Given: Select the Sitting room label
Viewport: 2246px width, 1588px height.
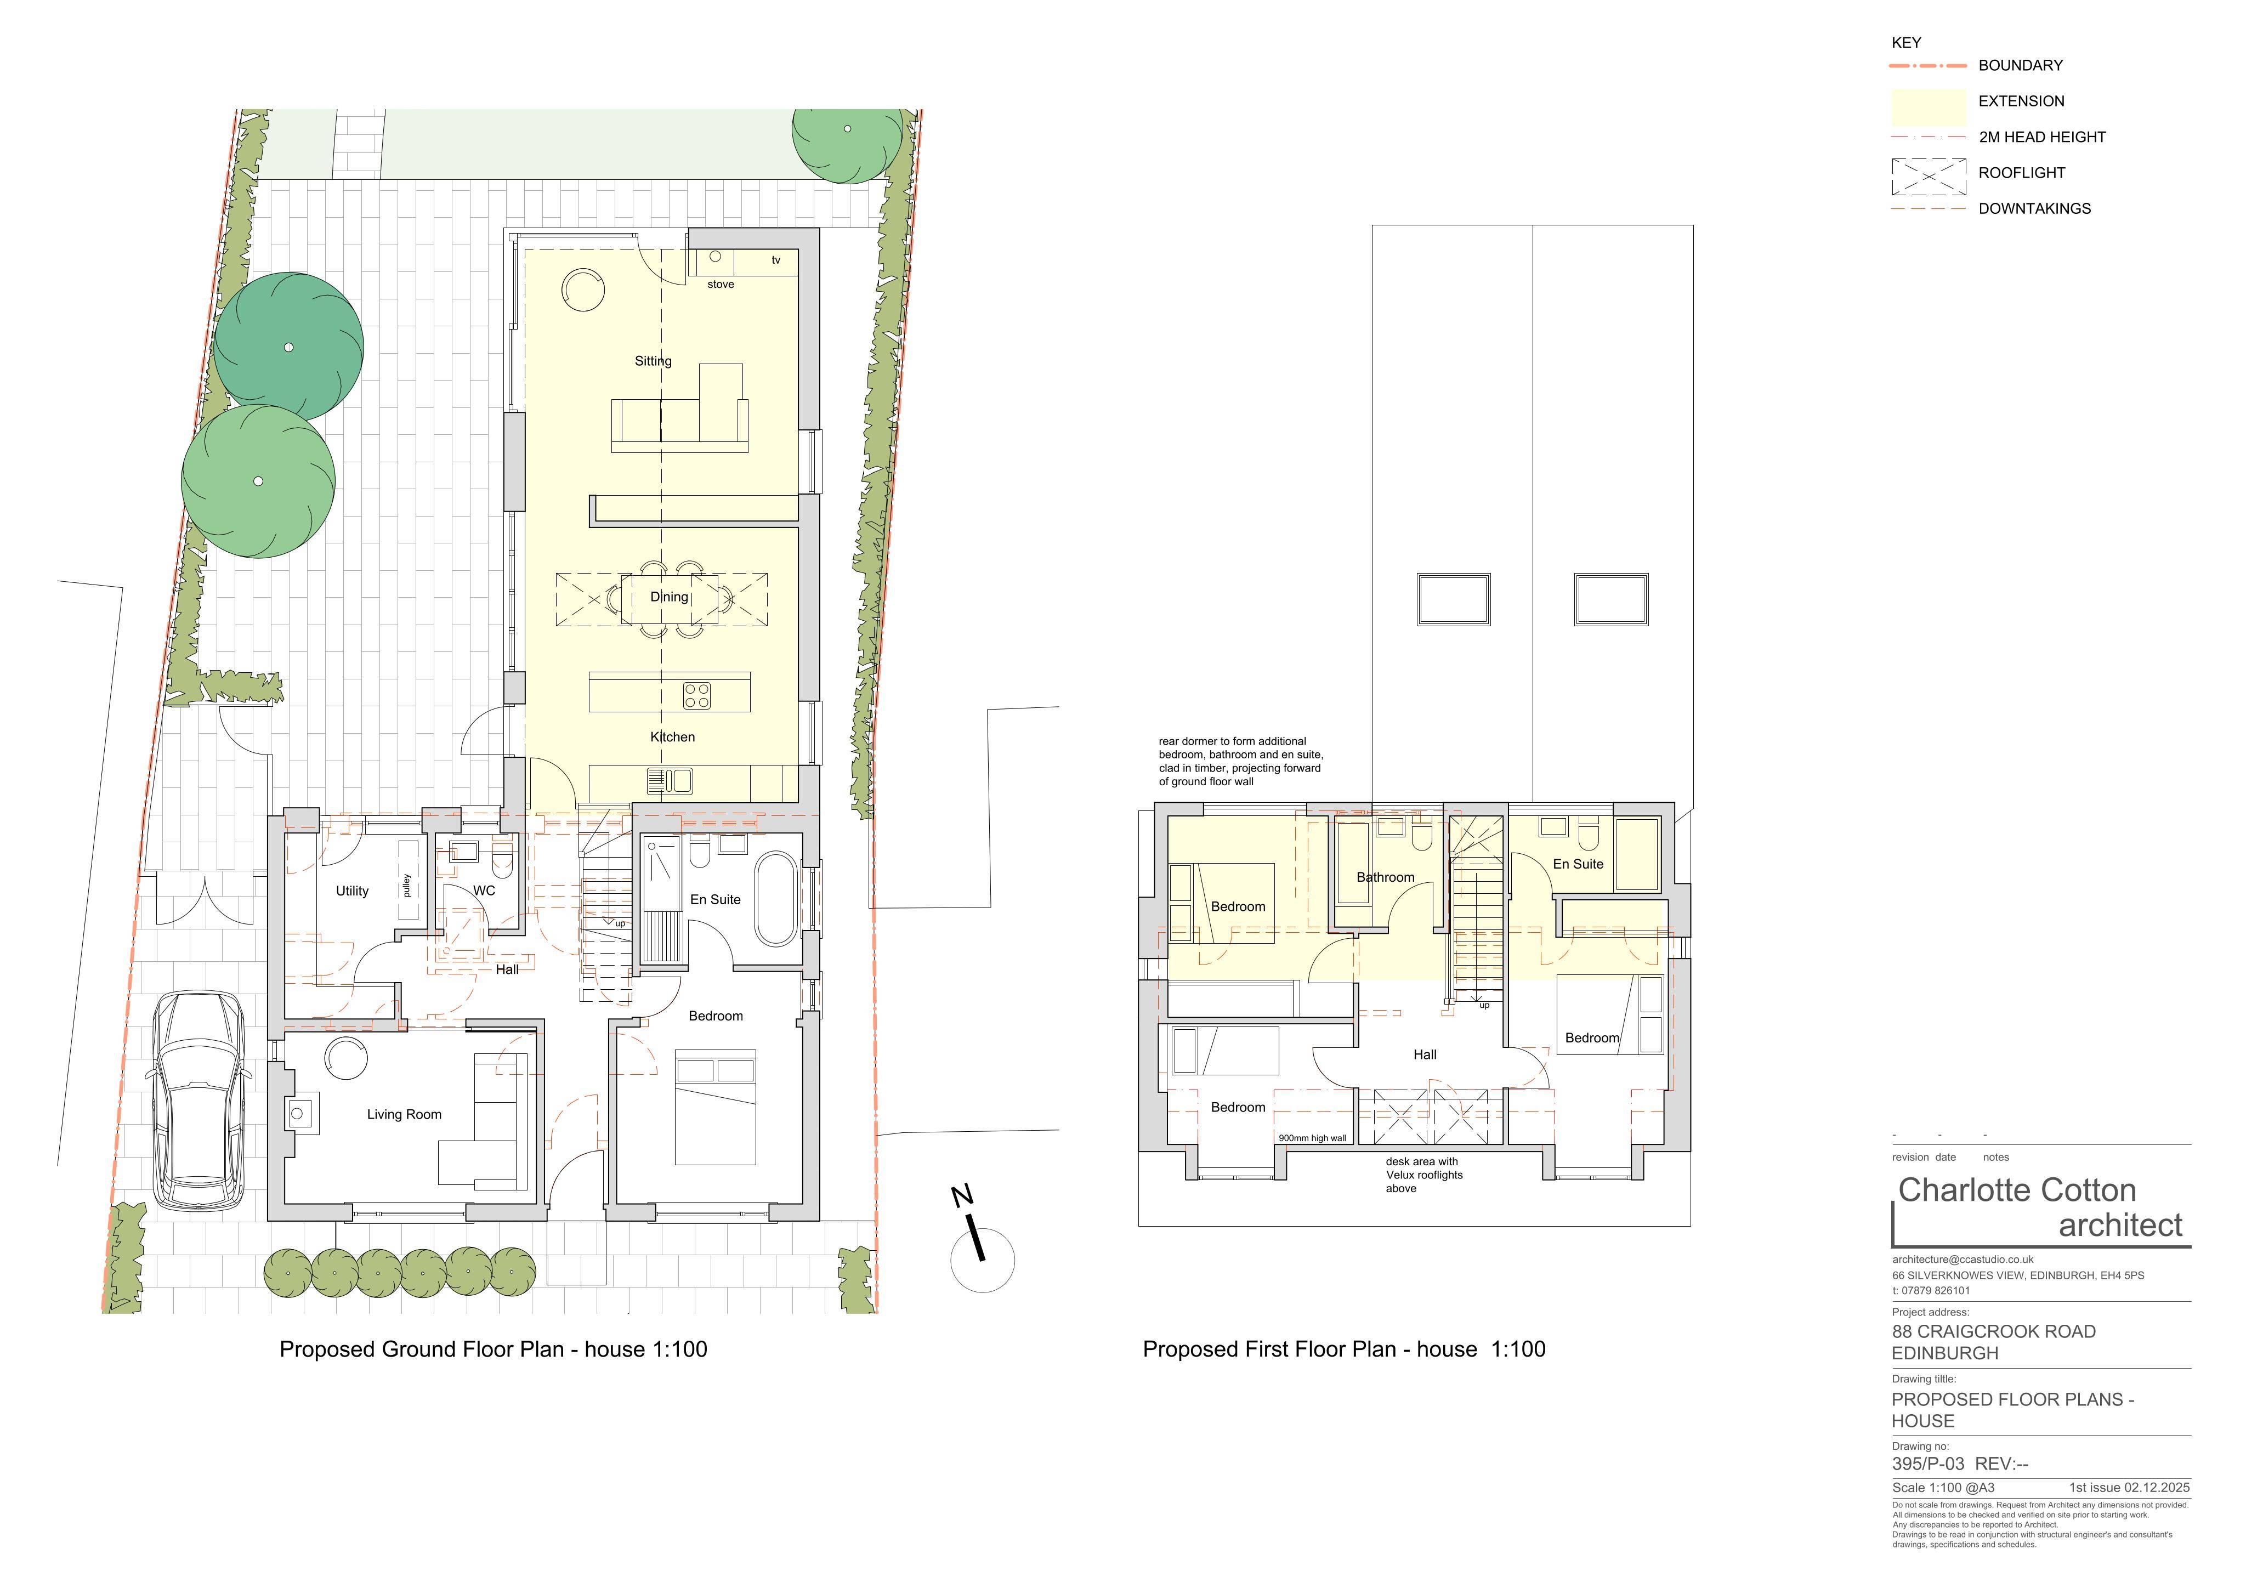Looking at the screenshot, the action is (654, 361).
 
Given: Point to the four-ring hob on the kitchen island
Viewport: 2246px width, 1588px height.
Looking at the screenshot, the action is (697, 696).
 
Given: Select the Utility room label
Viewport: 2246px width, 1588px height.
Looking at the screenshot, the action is (352, 892).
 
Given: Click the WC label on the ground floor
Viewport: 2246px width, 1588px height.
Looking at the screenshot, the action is (484, 892).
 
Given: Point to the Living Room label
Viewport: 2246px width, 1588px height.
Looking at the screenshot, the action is (404, 1114).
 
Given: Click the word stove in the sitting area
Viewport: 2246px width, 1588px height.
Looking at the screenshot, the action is (721, 285).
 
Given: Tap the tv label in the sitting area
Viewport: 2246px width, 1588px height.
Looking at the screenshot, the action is (776, 260).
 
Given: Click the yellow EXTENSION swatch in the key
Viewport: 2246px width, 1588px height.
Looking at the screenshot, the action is (1928, 106).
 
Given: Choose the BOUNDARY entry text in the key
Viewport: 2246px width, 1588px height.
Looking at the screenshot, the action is (2020, 66).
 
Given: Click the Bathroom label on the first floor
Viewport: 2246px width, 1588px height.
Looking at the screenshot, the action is (1385, 878).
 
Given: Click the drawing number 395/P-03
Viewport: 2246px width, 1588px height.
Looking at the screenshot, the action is (1927, 1465).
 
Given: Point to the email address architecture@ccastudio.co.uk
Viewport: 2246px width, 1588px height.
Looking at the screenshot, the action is (1963, 1260).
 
